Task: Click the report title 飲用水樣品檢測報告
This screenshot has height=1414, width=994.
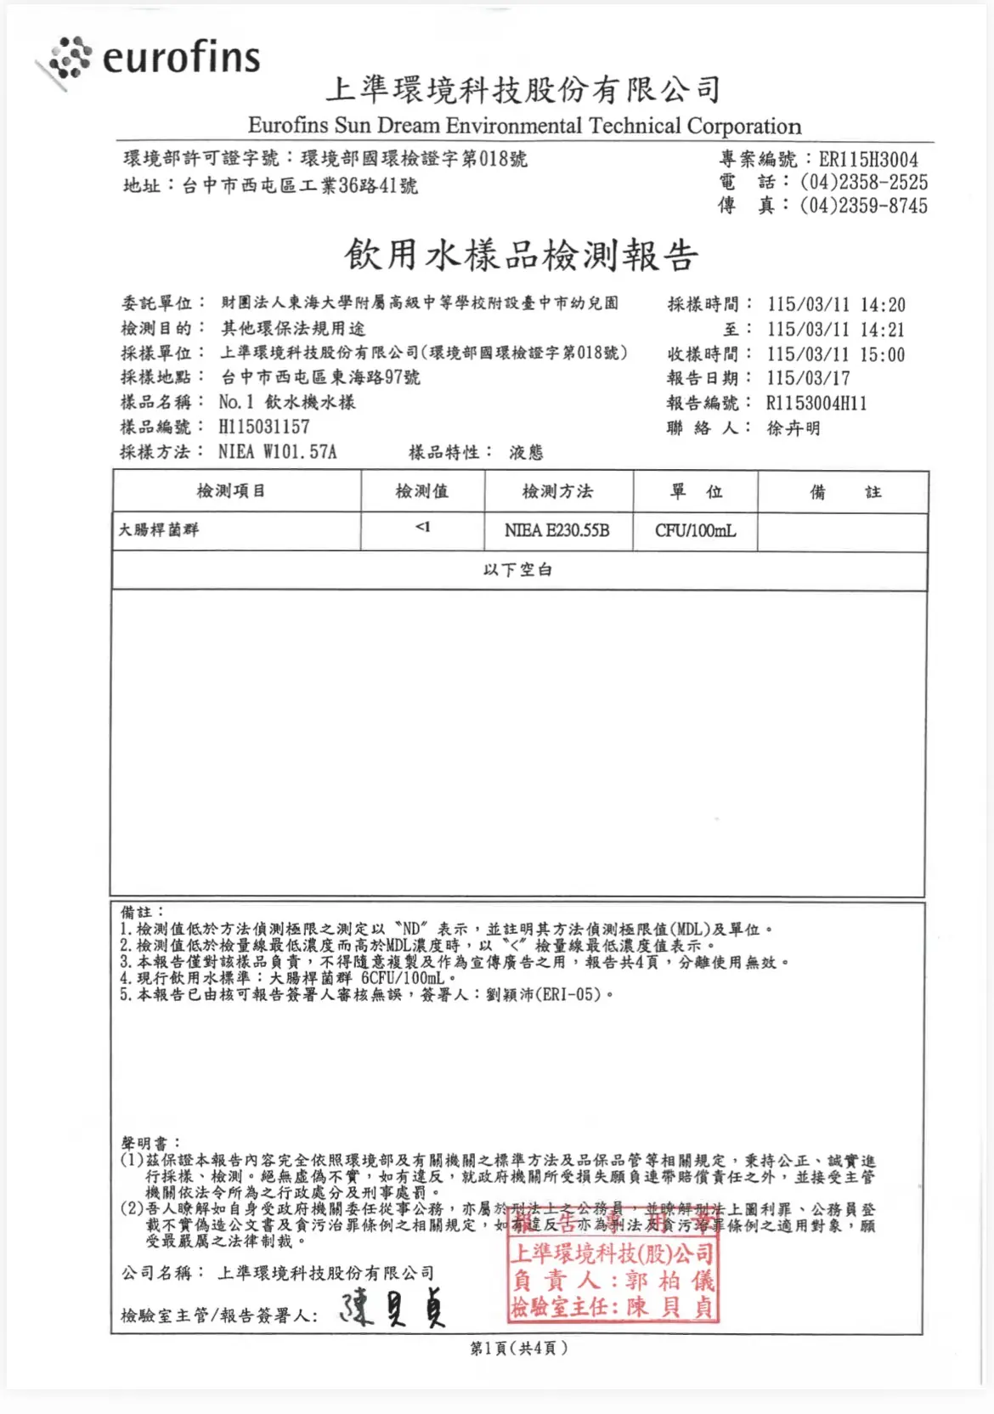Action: tap(521, 255)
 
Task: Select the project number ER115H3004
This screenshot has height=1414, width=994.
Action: tap(867, 160)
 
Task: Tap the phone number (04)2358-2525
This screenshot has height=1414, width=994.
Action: tap(863, 182)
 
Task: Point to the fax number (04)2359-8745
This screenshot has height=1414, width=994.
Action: tap(863, 206)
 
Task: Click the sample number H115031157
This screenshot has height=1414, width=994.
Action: tap(263, 427)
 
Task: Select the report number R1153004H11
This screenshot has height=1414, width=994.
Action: tap(816, 403)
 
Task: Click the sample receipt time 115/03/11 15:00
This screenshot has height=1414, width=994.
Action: tap(836, 354)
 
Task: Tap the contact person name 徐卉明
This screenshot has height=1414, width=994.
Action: tap(794, 428)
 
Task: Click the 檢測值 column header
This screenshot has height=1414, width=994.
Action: tap(422, 491)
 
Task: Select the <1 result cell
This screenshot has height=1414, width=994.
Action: tap(422, 528)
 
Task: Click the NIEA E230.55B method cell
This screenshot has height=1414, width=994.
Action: tap(557, 530)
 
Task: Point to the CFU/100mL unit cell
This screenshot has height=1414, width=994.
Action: tap(695, 530)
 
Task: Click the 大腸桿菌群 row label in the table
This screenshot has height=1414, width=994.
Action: tap(159, 529)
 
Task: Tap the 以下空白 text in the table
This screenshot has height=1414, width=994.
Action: tap(517, 569)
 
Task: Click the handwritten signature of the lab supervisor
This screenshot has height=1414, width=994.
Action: tap(393, 1309)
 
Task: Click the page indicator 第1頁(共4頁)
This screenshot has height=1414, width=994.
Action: tap(518, 1348)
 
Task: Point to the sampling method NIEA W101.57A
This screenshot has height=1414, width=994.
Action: tap(277, 452)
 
